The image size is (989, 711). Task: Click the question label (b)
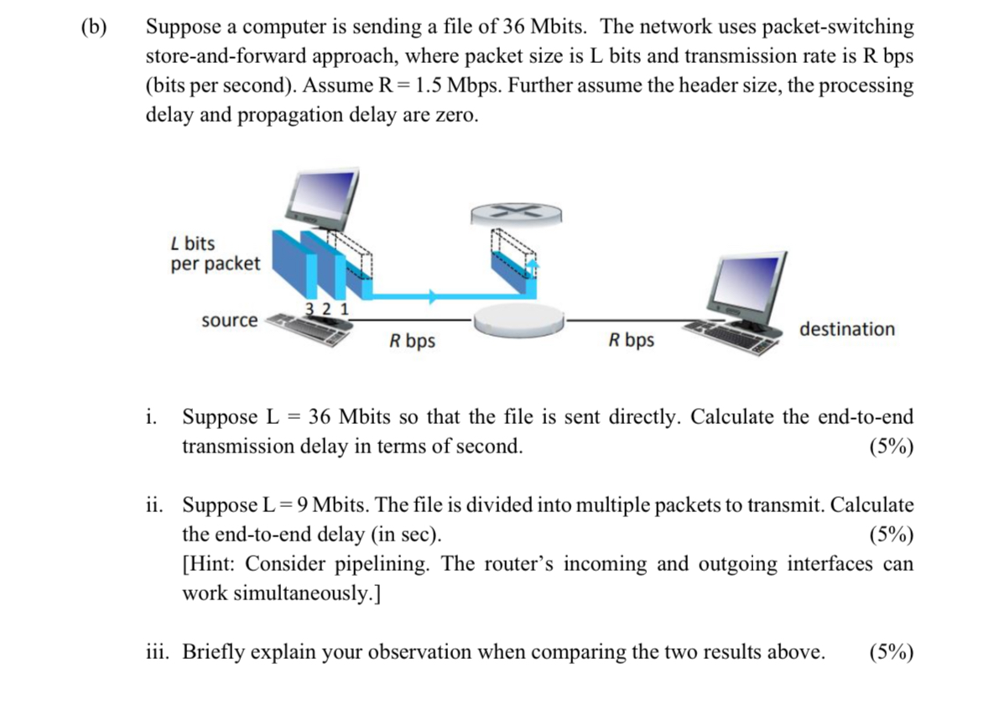tap(94, 27)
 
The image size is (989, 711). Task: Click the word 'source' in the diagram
tap(230, 321)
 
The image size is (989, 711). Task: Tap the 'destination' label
tap(846, 329)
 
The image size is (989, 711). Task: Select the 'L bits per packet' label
tap(215, 254)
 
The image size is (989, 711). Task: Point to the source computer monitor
tap(322, 198)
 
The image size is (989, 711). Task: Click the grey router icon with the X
tap(511, 213)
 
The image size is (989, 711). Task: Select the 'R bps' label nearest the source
tap(412, 342)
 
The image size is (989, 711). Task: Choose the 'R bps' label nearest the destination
tap(632, 341)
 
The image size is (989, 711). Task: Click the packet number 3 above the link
tap(310, 308)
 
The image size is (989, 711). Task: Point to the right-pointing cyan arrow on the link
tap(431, 296)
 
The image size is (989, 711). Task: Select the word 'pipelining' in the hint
tap(384, 563)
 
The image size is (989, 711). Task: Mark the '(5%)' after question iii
tap(892, 651)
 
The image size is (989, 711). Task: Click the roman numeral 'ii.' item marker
tap(154, 505)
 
